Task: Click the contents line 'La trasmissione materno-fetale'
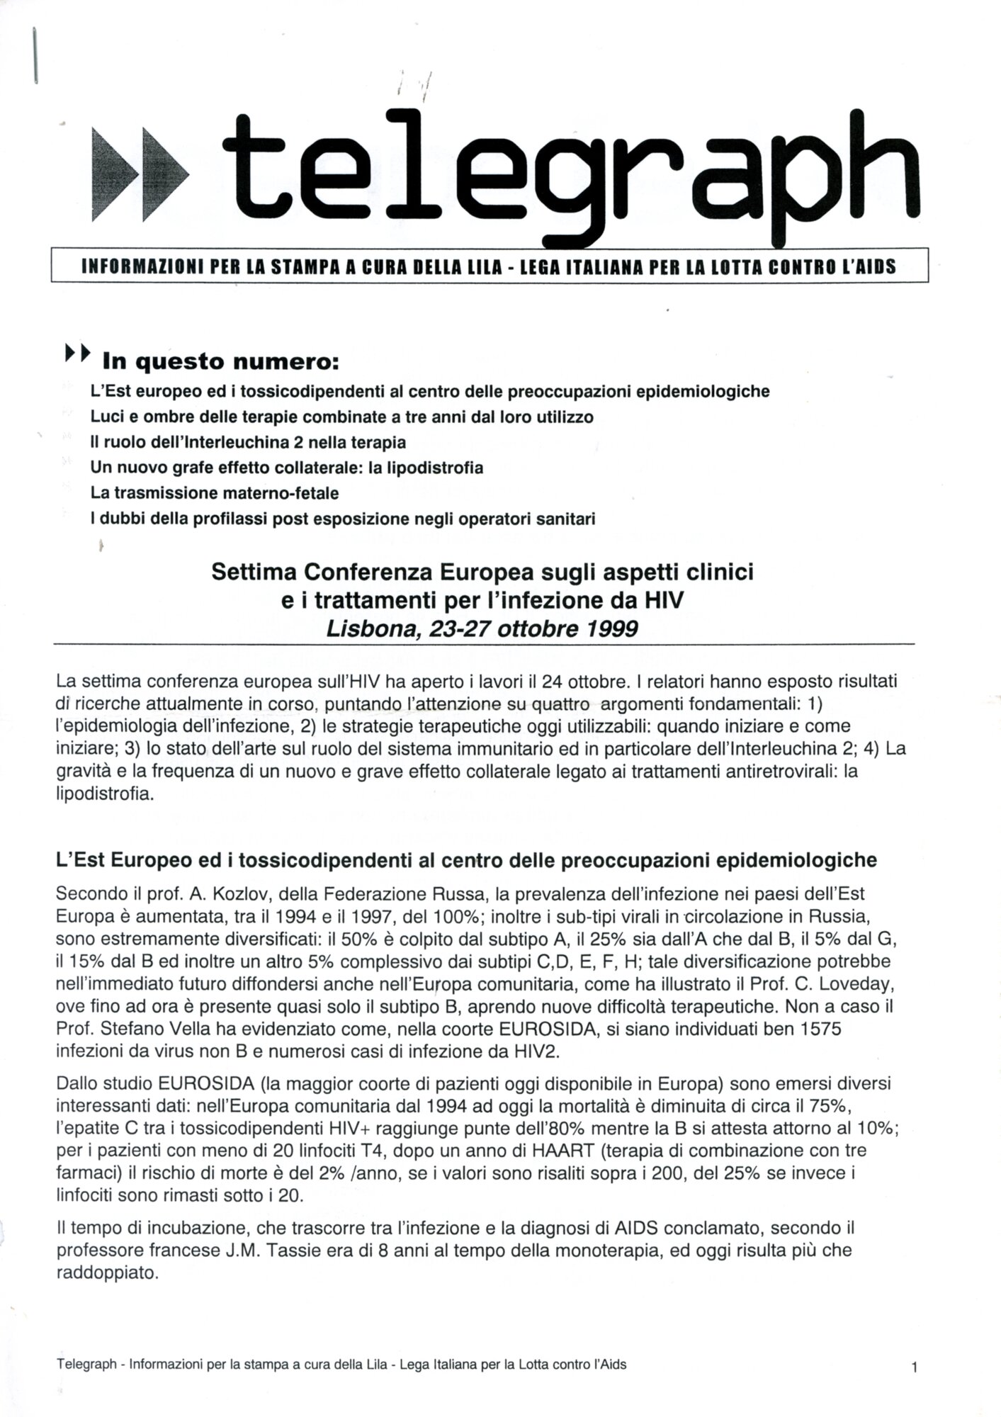(x=215, y=492)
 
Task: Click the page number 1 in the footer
(x=915, y=1370)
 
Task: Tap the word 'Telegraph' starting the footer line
(x=86, y=1365)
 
